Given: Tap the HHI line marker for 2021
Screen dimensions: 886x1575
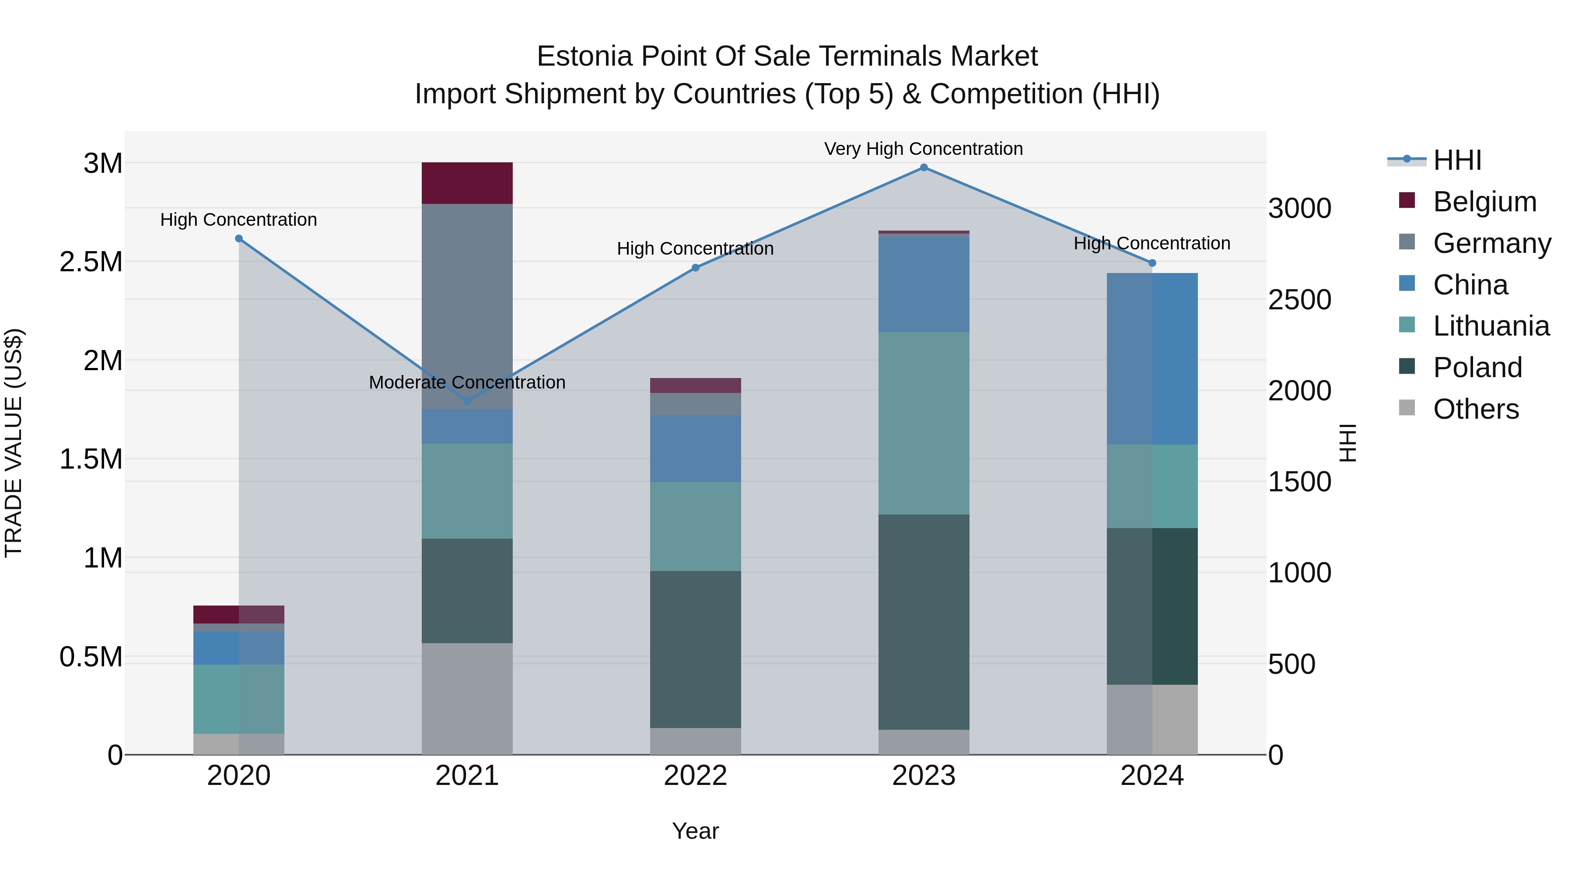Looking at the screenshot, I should pos(467,401).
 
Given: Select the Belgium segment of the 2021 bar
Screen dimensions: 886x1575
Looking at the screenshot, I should pos(467,183).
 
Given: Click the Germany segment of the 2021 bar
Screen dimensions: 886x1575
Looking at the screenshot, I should pos(467,306).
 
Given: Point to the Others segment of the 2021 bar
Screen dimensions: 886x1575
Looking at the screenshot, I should pos(467,698).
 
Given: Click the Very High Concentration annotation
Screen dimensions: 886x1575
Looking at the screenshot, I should pos(923,149).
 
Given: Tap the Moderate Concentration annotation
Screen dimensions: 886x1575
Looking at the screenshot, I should pos(467,382).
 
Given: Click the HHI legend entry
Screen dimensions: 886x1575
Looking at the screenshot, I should pos(1456,160).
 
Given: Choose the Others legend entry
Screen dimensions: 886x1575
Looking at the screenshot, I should pos(1475,409).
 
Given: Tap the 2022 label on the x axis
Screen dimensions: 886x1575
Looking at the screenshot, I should pos(695,776).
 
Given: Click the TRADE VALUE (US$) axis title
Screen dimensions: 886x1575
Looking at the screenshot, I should pos(14,443).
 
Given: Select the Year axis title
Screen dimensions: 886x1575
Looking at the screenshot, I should pos(695,831).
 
